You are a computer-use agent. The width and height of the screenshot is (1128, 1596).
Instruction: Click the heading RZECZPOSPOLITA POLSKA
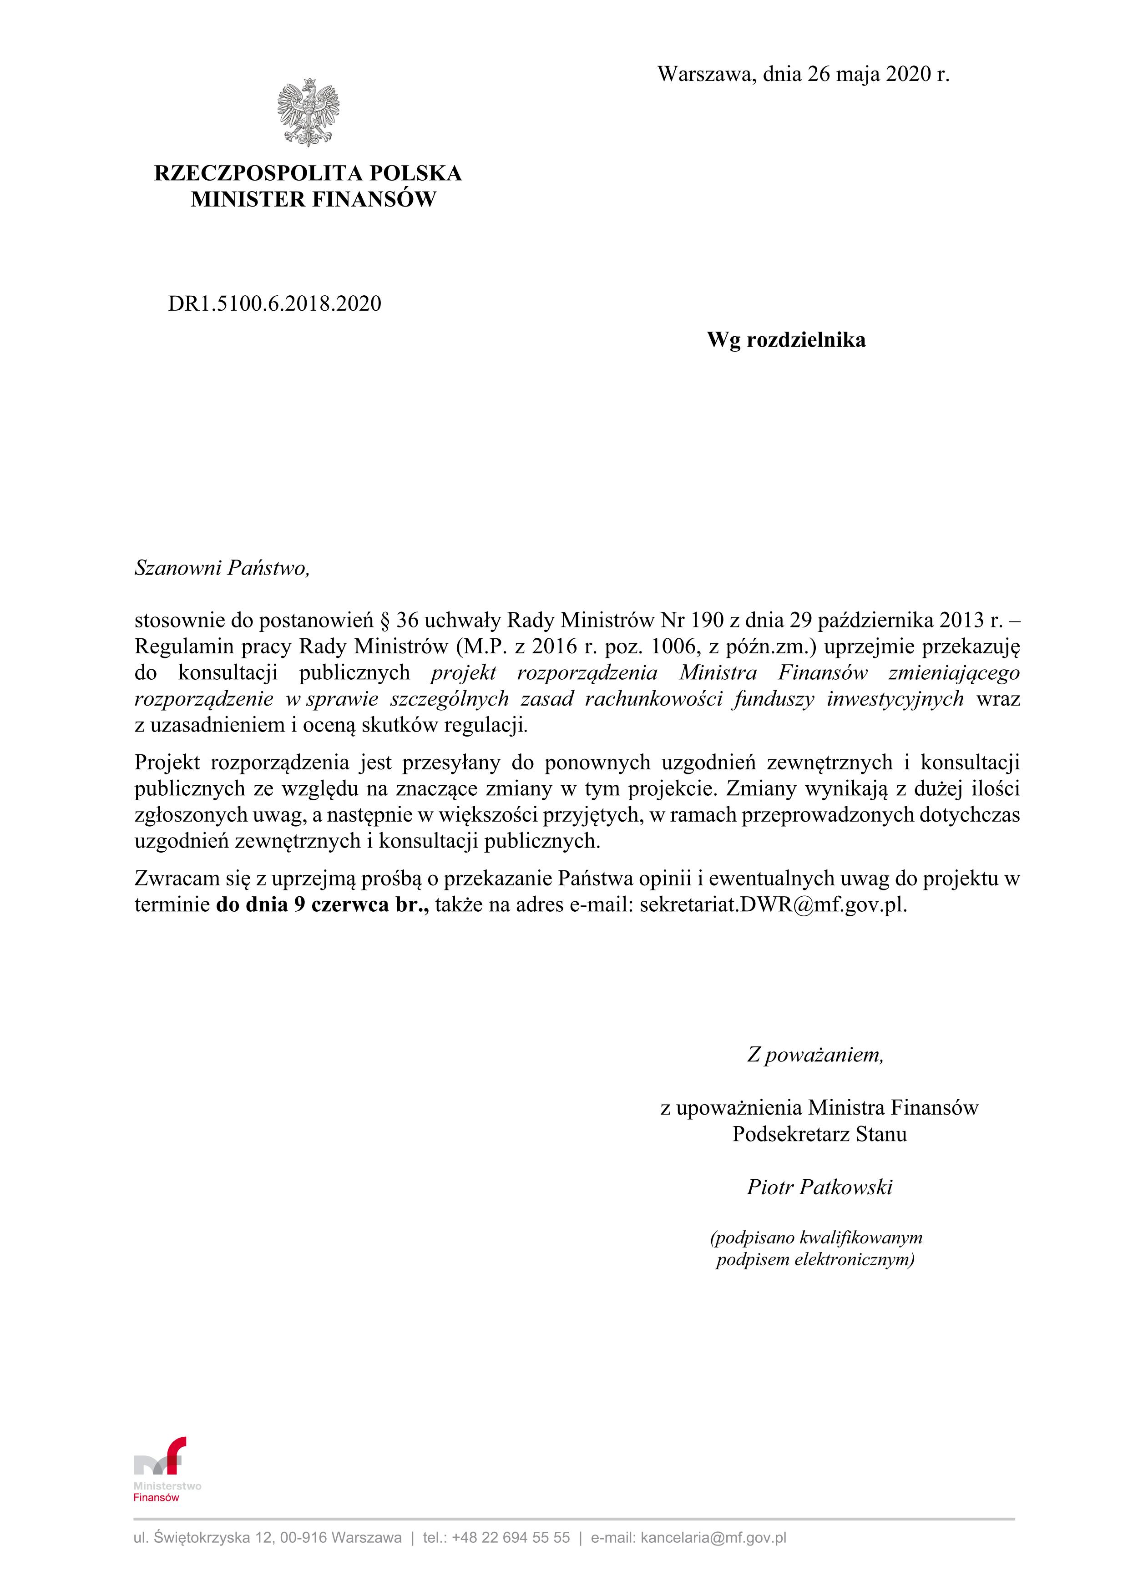pos(308,173)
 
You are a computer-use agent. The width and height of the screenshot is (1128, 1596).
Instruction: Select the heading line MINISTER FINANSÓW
pos(314,199)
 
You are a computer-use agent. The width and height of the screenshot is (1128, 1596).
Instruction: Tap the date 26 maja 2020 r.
pos(878,74)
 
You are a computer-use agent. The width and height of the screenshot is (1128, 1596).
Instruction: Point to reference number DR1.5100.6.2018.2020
pos(274,304)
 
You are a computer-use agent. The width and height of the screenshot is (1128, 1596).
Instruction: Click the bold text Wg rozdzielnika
pos(786,340)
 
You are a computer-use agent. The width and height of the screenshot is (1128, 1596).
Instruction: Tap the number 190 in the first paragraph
pos(708,620)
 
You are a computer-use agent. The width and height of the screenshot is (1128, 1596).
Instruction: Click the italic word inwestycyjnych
pos(895,699)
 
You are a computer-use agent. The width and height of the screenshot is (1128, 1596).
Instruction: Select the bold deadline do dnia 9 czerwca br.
pos(322,904)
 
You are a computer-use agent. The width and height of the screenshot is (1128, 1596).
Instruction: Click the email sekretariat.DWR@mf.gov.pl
pos(773,904)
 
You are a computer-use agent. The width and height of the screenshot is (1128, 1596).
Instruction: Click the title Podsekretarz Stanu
pos(819,1134)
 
